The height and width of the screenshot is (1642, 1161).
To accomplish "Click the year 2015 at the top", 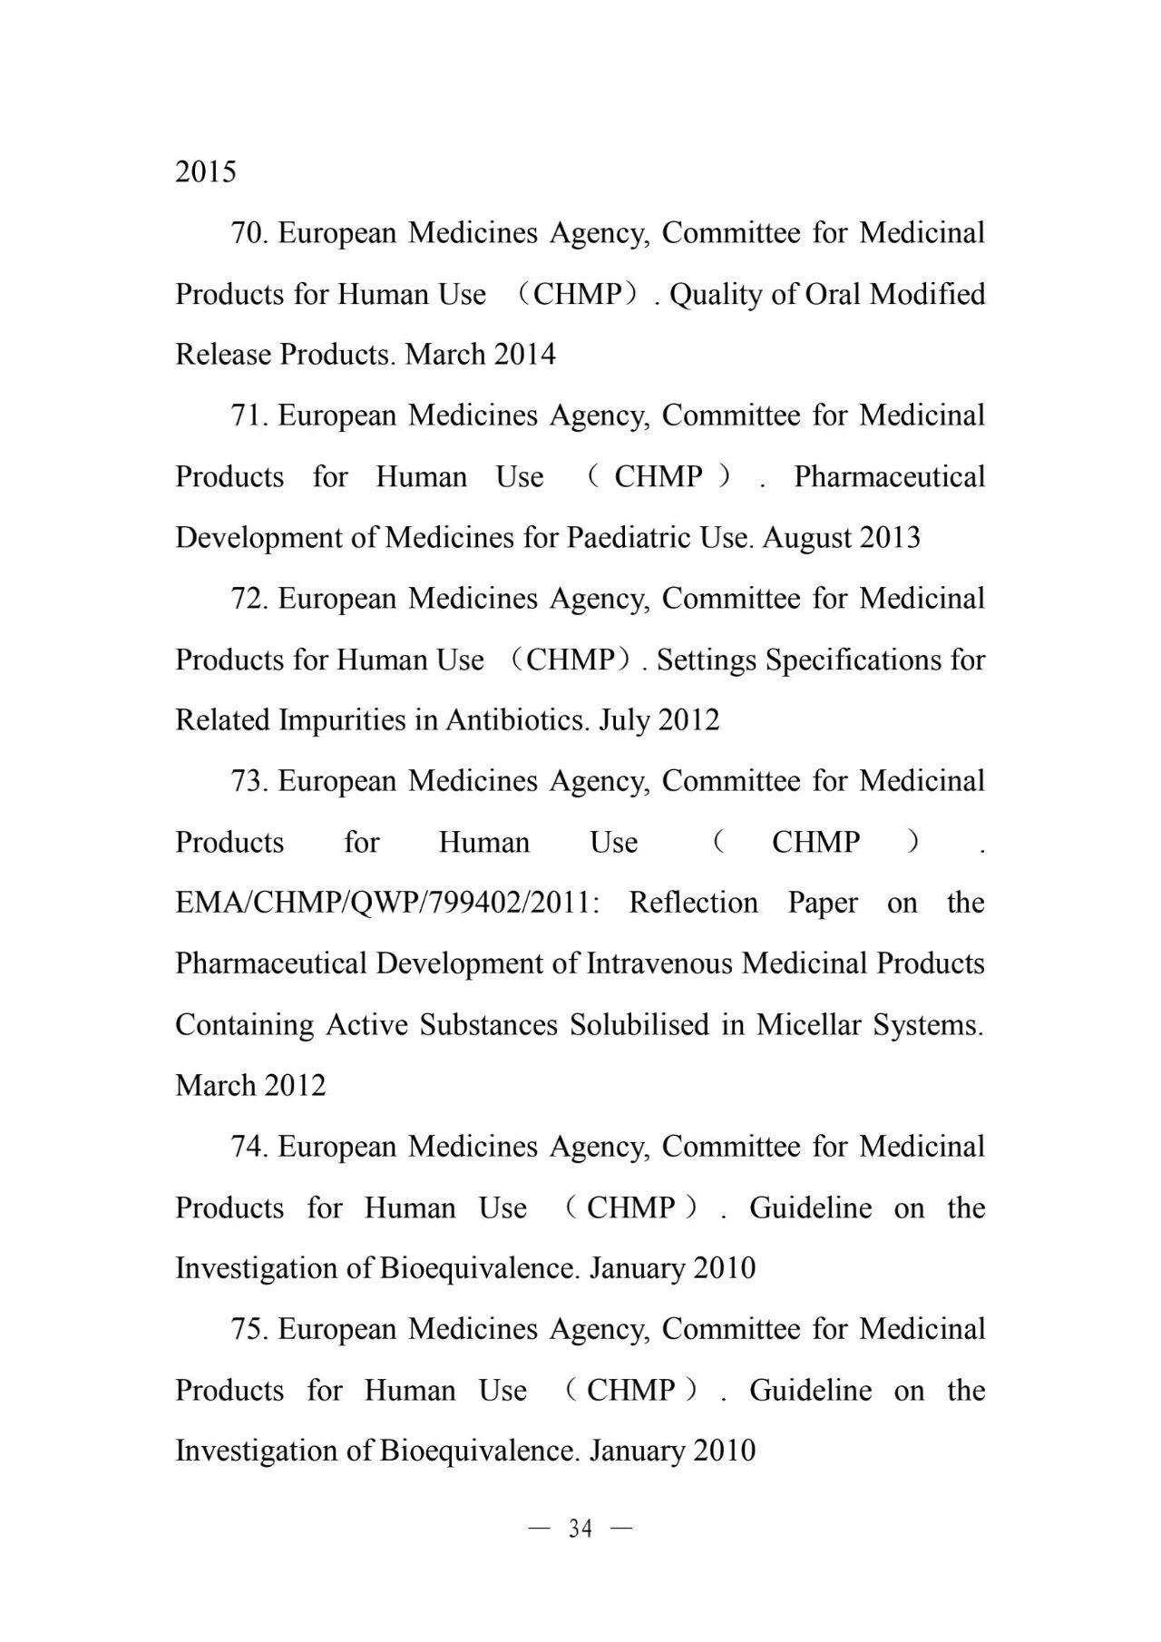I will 206,171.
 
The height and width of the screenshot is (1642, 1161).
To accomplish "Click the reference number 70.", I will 249,233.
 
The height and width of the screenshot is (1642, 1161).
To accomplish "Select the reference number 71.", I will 249,415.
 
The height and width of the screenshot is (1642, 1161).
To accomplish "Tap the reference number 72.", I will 249,599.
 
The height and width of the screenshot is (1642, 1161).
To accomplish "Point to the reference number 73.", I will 249,781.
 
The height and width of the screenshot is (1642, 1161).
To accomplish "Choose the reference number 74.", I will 249,1147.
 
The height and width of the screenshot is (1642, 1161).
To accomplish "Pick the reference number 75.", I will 249,1329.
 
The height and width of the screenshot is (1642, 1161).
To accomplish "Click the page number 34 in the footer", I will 580,1529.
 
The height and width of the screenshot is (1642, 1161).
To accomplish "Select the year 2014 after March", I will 525,354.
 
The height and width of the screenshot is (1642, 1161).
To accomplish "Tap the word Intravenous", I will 660,963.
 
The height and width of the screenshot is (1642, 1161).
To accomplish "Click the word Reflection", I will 693,903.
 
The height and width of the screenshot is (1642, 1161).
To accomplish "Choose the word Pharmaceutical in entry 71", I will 889,476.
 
